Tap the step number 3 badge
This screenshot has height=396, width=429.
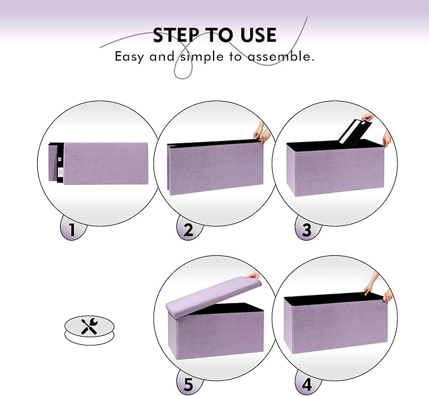[x=307, y=229]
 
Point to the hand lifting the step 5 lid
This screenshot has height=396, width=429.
[x=254, y=275]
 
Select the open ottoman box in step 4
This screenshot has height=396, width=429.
[x=335, y=319]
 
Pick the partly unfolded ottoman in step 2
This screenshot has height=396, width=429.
[x=215, y=164]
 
